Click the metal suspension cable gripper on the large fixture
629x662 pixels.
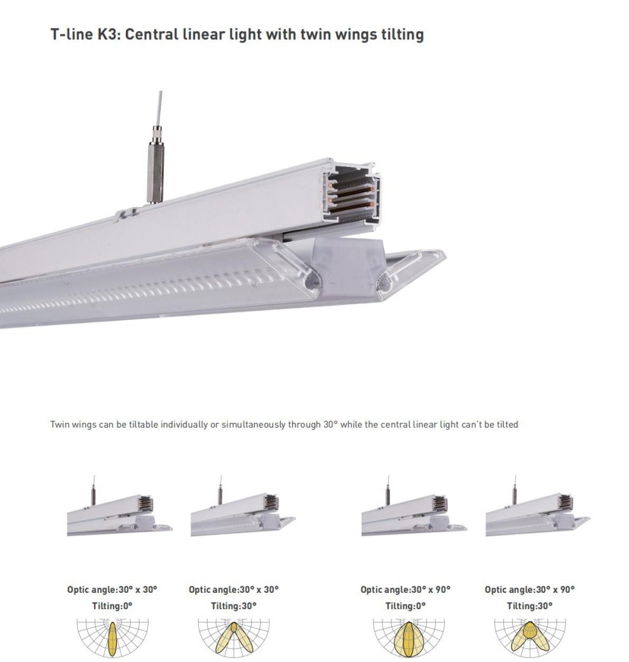155,164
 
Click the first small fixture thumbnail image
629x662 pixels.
119,506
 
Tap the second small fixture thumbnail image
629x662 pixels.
243,506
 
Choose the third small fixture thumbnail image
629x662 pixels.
414,506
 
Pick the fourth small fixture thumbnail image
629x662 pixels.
538,506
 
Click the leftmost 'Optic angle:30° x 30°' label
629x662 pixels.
112,590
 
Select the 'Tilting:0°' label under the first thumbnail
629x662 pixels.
112,606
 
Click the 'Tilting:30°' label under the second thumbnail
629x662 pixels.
234,606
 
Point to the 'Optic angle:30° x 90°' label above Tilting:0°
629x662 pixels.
405,590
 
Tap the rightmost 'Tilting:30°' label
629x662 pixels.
530,606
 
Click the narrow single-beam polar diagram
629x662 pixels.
112,637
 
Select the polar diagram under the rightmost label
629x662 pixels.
530,637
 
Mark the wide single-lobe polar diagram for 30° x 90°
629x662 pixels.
409,637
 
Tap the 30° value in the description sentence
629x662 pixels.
330,425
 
